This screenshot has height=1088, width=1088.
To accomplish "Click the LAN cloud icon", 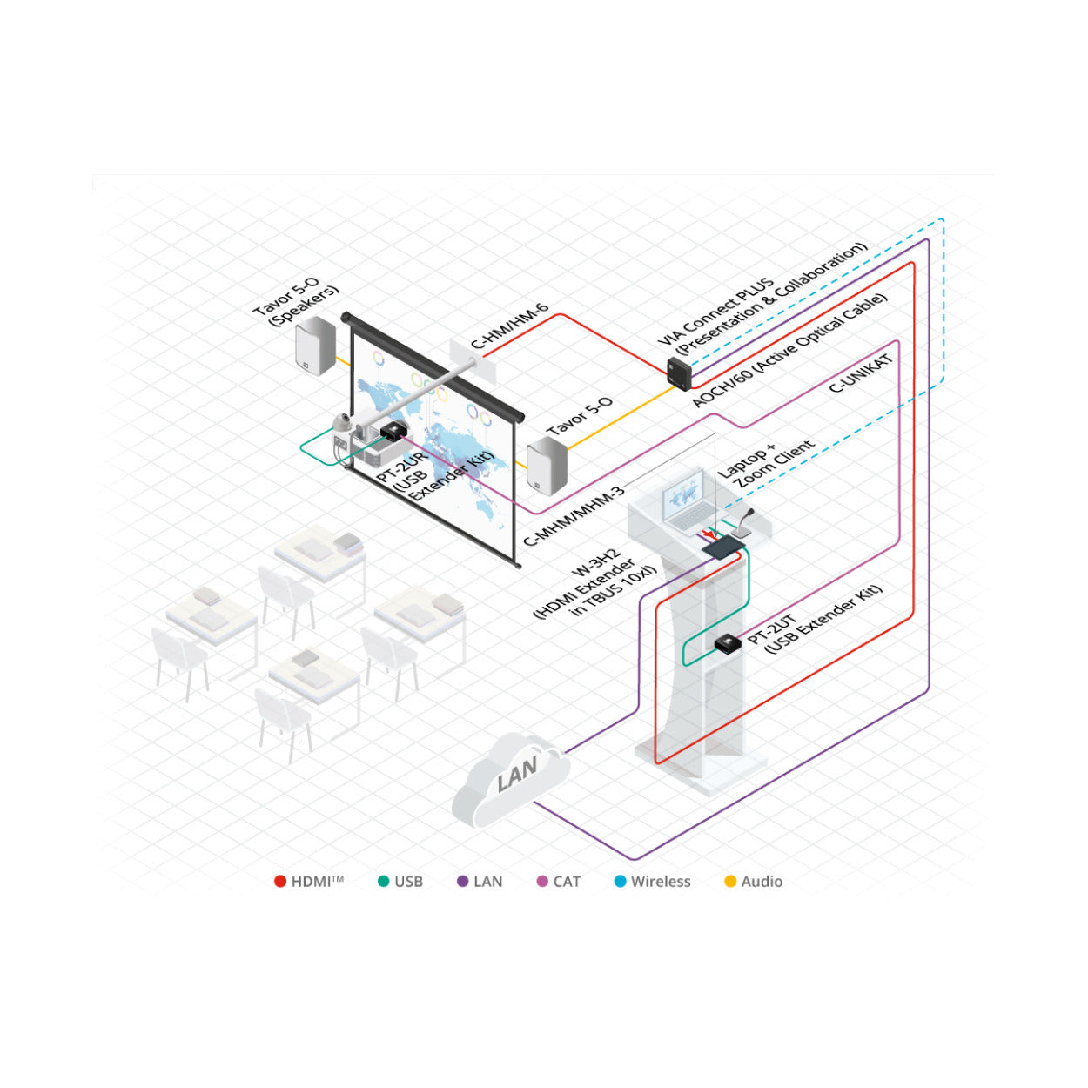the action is click(x=510, y=779).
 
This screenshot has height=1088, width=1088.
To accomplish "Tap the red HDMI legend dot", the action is click(x=280, y=882).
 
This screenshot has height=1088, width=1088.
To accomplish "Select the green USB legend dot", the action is click(x=383, y=882).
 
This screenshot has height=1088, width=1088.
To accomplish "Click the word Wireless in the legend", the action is click(x=661, y=882).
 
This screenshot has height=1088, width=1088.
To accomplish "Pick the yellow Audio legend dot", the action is click(x=730, y=882).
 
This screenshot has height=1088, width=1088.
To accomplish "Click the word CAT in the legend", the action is click(x=567, y=882).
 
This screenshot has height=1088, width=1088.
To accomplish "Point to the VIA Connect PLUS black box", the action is click(x=679, y=373).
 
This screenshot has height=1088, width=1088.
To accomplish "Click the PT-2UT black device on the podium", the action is click(x=728, y=643).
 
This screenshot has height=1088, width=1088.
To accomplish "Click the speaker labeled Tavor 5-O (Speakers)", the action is click(x=315, y=345).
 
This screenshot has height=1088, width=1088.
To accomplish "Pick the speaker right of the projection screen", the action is click(x=547, y=466).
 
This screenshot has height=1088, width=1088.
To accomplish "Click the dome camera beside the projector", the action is click(x=341, y=424).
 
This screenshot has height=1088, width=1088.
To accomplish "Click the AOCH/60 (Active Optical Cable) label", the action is click(x=789, y=350).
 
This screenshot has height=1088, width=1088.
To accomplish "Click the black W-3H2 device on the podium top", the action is click(x=722, y=547).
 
